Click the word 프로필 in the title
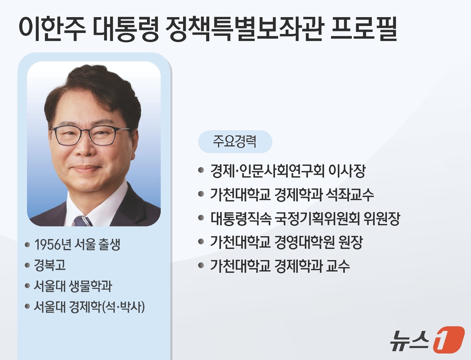coord(364,28)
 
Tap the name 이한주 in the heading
coord(52,28)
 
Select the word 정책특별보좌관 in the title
coord(245,28)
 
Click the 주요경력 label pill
coord(235,141)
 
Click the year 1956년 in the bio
coord(53,245)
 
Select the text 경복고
coord(50,265)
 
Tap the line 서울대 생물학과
coord(73,286)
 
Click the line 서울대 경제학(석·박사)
coord(89,307)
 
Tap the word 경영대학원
coord(304,242)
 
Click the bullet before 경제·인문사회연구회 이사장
coord(201,170)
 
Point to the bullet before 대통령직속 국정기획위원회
coord(201,218)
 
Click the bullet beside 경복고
coord(28,265)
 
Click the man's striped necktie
coord(83,221)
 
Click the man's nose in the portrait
coord(83,148)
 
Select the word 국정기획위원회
coord(317,218)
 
